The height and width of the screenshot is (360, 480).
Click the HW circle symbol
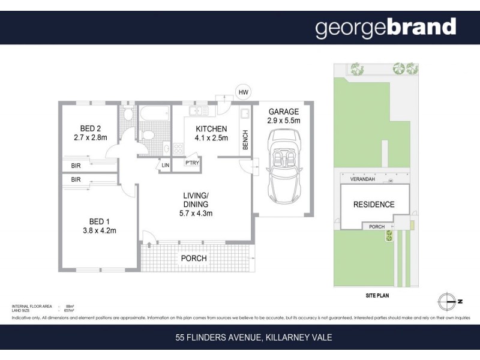point(243,92)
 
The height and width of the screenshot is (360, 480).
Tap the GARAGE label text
point(283,112)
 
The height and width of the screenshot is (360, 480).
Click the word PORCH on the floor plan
point(194,258)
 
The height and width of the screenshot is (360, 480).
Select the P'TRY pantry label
point(192,163)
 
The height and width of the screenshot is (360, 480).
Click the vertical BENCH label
point(245,140)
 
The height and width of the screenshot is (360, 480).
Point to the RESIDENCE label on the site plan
point(373,205)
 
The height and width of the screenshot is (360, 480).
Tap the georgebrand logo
point(386,28)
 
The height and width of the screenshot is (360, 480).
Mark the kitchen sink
point(196,112)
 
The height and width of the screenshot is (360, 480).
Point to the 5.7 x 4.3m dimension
point(196,213)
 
